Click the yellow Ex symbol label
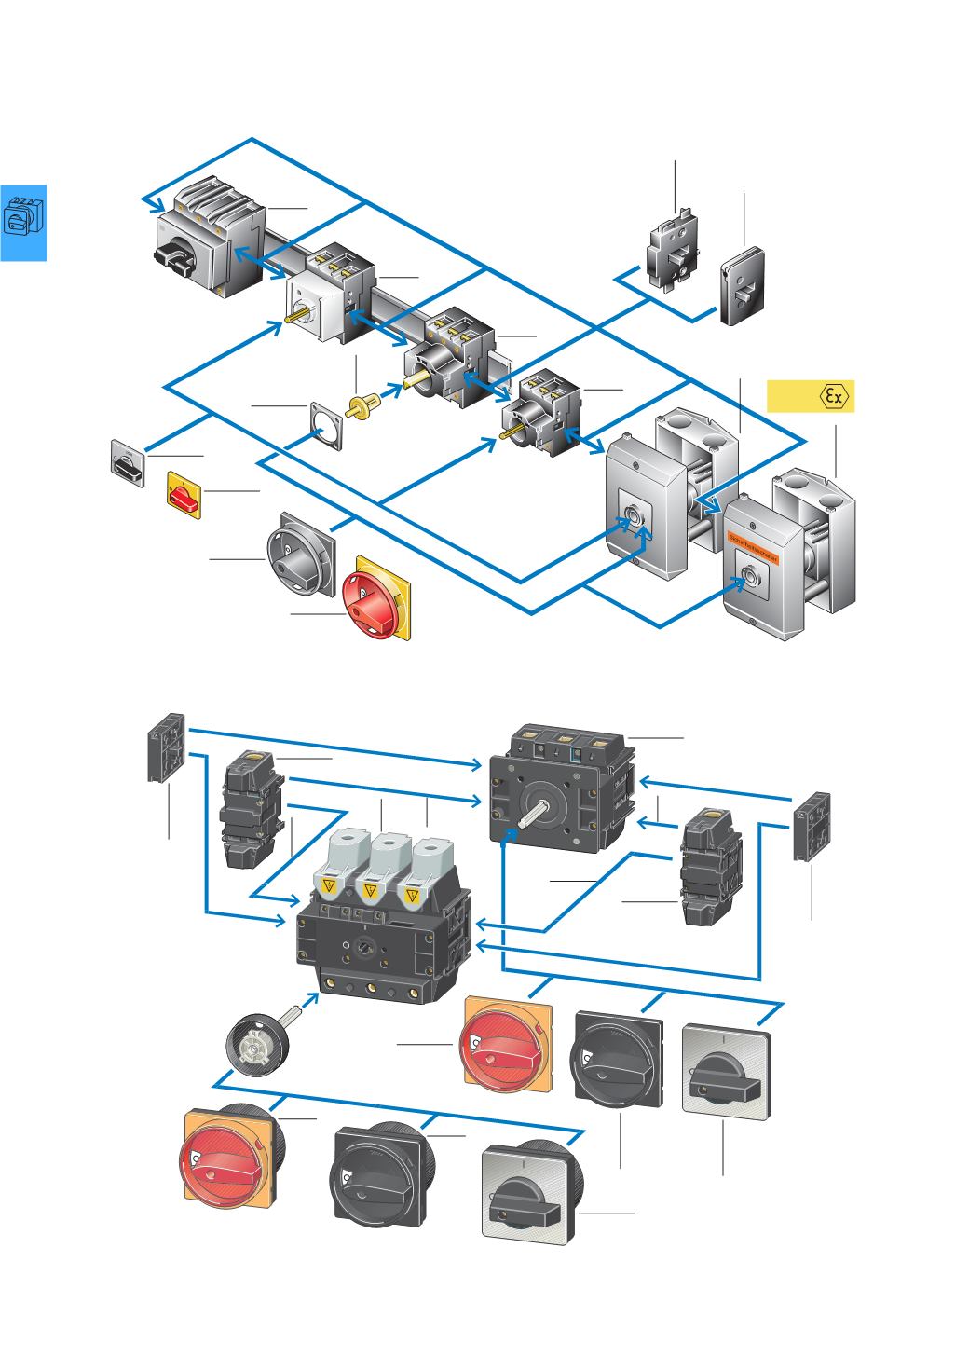coord(810,396)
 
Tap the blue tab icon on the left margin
coord(22,222)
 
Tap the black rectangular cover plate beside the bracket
coord(743,285)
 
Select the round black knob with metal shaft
coord(257,1046)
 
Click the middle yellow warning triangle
coord(371,893)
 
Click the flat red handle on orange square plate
coord(508,1044)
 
